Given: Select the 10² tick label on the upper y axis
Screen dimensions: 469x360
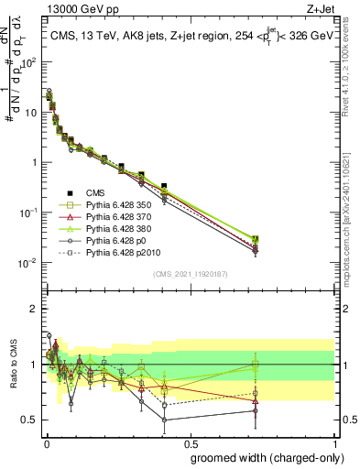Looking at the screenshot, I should tap(28, 63).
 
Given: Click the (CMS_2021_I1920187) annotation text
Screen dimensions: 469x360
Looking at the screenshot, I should tap(189, 273).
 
